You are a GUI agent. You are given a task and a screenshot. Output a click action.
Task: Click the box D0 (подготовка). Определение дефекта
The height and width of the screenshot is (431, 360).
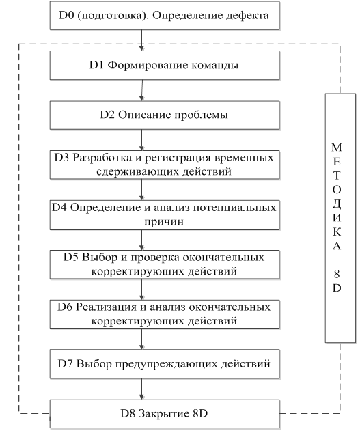tap(165, 16)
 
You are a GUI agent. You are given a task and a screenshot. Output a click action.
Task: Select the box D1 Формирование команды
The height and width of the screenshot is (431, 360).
tap(165, 65)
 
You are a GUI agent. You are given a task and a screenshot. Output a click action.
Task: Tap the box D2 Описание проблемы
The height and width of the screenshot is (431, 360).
tap(165, 115)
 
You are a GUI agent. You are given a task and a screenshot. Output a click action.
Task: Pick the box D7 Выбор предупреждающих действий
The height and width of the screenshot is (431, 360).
tap(165, 364)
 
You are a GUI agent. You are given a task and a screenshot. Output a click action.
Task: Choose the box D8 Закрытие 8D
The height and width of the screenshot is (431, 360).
tap(165, 414)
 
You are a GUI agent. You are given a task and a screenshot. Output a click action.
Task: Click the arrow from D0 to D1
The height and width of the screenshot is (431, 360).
tap(142, 40)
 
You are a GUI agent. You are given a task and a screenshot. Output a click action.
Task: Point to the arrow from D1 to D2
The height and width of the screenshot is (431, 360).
tap(142, 90)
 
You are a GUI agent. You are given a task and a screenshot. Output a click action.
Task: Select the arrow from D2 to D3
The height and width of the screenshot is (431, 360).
tap(142, 140)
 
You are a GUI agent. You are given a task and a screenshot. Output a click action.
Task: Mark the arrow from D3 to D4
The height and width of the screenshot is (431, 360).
tap(142, 190)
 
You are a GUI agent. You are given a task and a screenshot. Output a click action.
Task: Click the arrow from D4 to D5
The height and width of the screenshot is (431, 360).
tap(142, 240)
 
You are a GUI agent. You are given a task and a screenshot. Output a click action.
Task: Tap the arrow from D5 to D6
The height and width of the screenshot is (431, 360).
tap(142, 290)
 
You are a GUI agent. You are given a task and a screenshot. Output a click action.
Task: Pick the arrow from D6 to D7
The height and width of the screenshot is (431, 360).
tap(142, 339)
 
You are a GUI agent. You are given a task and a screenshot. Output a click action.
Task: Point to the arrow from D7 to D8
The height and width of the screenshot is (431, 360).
tap(142, 389)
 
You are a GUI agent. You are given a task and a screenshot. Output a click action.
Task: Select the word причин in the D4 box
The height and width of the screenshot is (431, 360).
tap(164, 222)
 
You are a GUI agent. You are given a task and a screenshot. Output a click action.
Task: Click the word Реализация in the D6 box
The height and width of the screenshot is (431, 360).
tap(106, 307)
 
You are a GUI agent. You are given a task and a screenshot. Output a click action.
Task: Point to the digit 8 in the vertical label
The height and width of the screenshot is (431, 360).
tap(337, 274)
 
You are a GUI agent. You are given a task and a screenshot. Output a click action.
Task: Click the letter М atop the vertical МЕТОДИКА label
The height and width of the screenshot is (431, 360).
tap(337, 148)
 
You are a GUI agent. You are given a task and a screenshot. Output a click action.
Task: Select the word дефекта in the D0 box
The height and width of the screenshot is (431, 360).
tap(247, 16)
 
